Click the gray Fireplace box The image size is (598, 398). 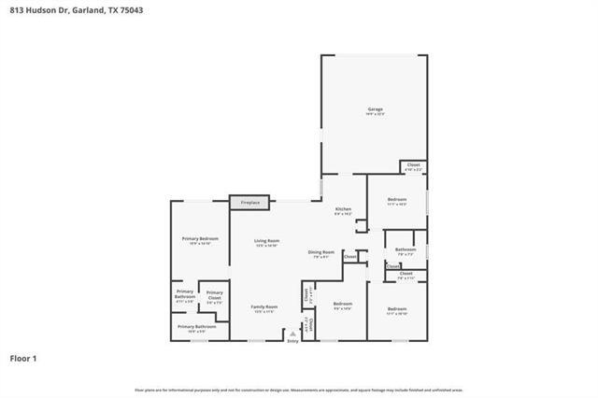click(250, 202)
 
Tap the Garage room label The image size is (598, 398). click(375, 109)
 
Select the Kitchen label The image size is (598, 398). click(343, 208)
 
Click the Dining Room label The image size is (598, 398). click(321, 251)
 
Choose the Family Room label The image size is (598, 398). click(264, 306)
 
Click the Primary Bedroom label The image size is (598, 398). click(199, 239)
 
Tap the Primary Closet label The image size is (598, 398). click(214, 296)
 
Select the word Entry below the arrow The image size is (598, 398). click(293, 342)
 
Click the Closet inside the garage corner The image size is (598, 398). click(413, 165)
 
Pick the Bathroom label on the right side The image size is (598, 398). click(405, 249)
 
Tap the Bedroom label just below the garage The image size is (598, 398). click(396, 199)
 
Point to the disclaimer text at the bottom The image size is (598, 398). click(299, 390)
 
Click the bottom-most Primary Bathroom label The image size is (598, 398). click(196, 326)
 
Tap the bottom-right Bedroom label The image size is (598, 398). click(397, 308)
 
